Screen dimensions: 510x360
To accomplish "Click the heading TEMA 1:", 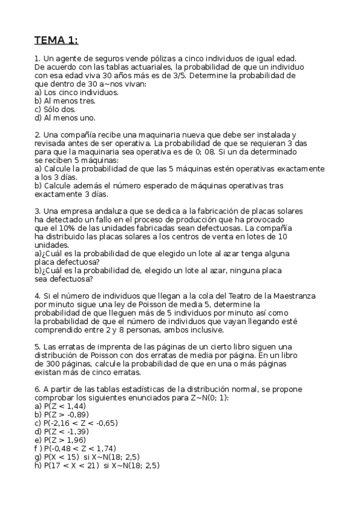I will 56,40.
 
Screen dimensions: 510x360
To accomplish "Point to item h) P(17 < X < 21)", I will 70,465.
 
